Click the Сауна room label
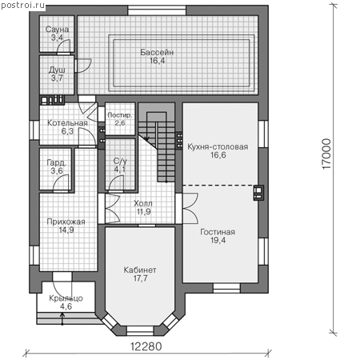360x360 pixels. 57,30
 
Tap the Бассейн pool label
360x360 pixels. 157,52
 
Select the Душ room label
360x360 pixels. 57,70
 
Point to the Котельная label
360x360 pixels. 67,123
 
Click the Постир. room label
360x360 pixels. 120,115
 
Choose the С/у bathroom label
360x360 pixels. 120,161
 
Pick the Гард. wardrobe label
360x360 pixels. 57,162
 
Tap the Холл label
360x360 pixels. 143,203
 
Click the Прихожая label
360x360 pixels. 66,222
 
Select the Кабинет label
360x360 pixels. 140,270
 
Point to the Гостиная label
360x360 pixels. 218,232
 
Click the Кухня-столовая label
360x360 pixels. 218,146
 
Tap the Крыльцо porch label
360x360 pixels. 66,298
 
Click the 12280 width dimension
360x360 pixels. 146,346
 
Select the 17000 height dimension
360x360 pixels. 326,154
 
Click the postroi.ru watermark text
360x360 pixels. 23,6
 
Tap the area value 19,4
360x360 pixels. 218,240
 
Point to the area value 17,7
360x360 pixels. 140,278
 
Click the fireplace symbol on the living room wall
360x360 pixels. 258,193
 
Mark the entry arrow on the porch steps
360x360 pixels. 62,319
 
